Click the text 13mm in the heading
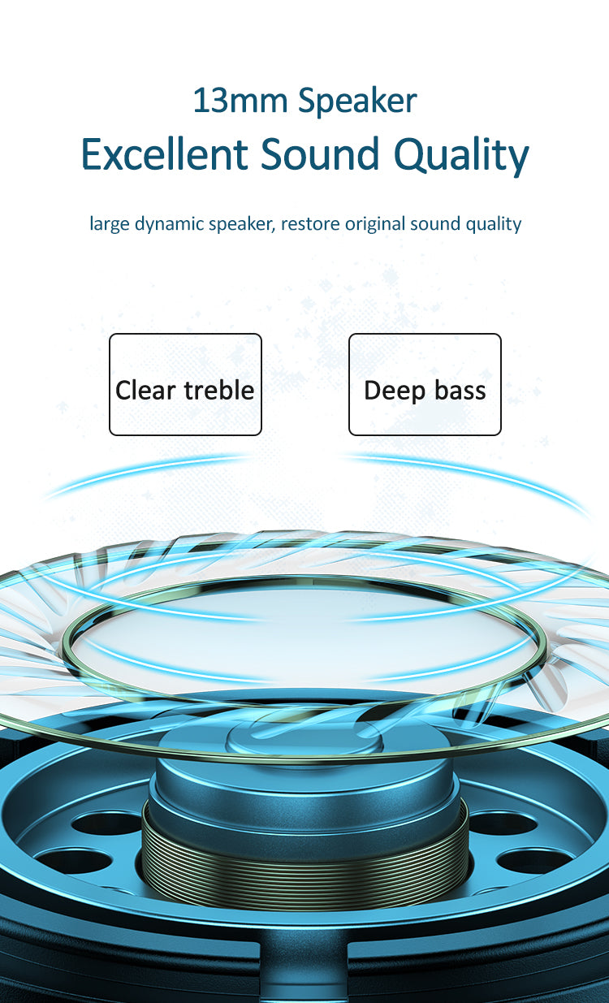(x=240, y=101)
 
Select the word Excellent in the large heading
(x=164, y=153)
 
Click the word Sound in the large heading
(x=320, y=153)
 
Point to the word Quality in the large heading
(x=461, y=157)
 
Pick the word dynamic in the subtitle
(x=169, y=224)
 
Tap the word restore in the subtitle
(x=310, y=223)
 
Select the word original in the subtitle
(x=375, y=224)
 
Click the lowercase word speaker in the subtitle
(x=242, y=224)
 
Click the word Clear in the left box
(x=145, y=390)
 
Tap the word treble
(x=219, y=390)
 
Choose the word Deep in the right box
(x=395, y=391)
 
